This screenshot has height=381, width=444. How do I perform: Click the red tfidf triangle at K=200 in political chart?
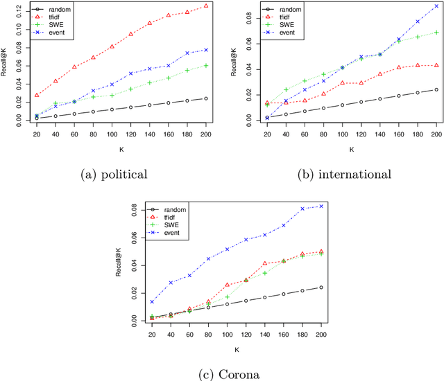click(205, 6)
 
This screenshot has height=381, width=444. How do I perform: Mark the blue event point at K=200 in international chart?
click(436, 6)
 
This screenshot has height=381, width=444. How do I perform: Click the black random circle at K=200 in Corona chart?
click(321, 287)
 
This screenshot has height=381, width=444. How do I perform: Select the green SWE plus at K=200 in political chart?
click(205, 65)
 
